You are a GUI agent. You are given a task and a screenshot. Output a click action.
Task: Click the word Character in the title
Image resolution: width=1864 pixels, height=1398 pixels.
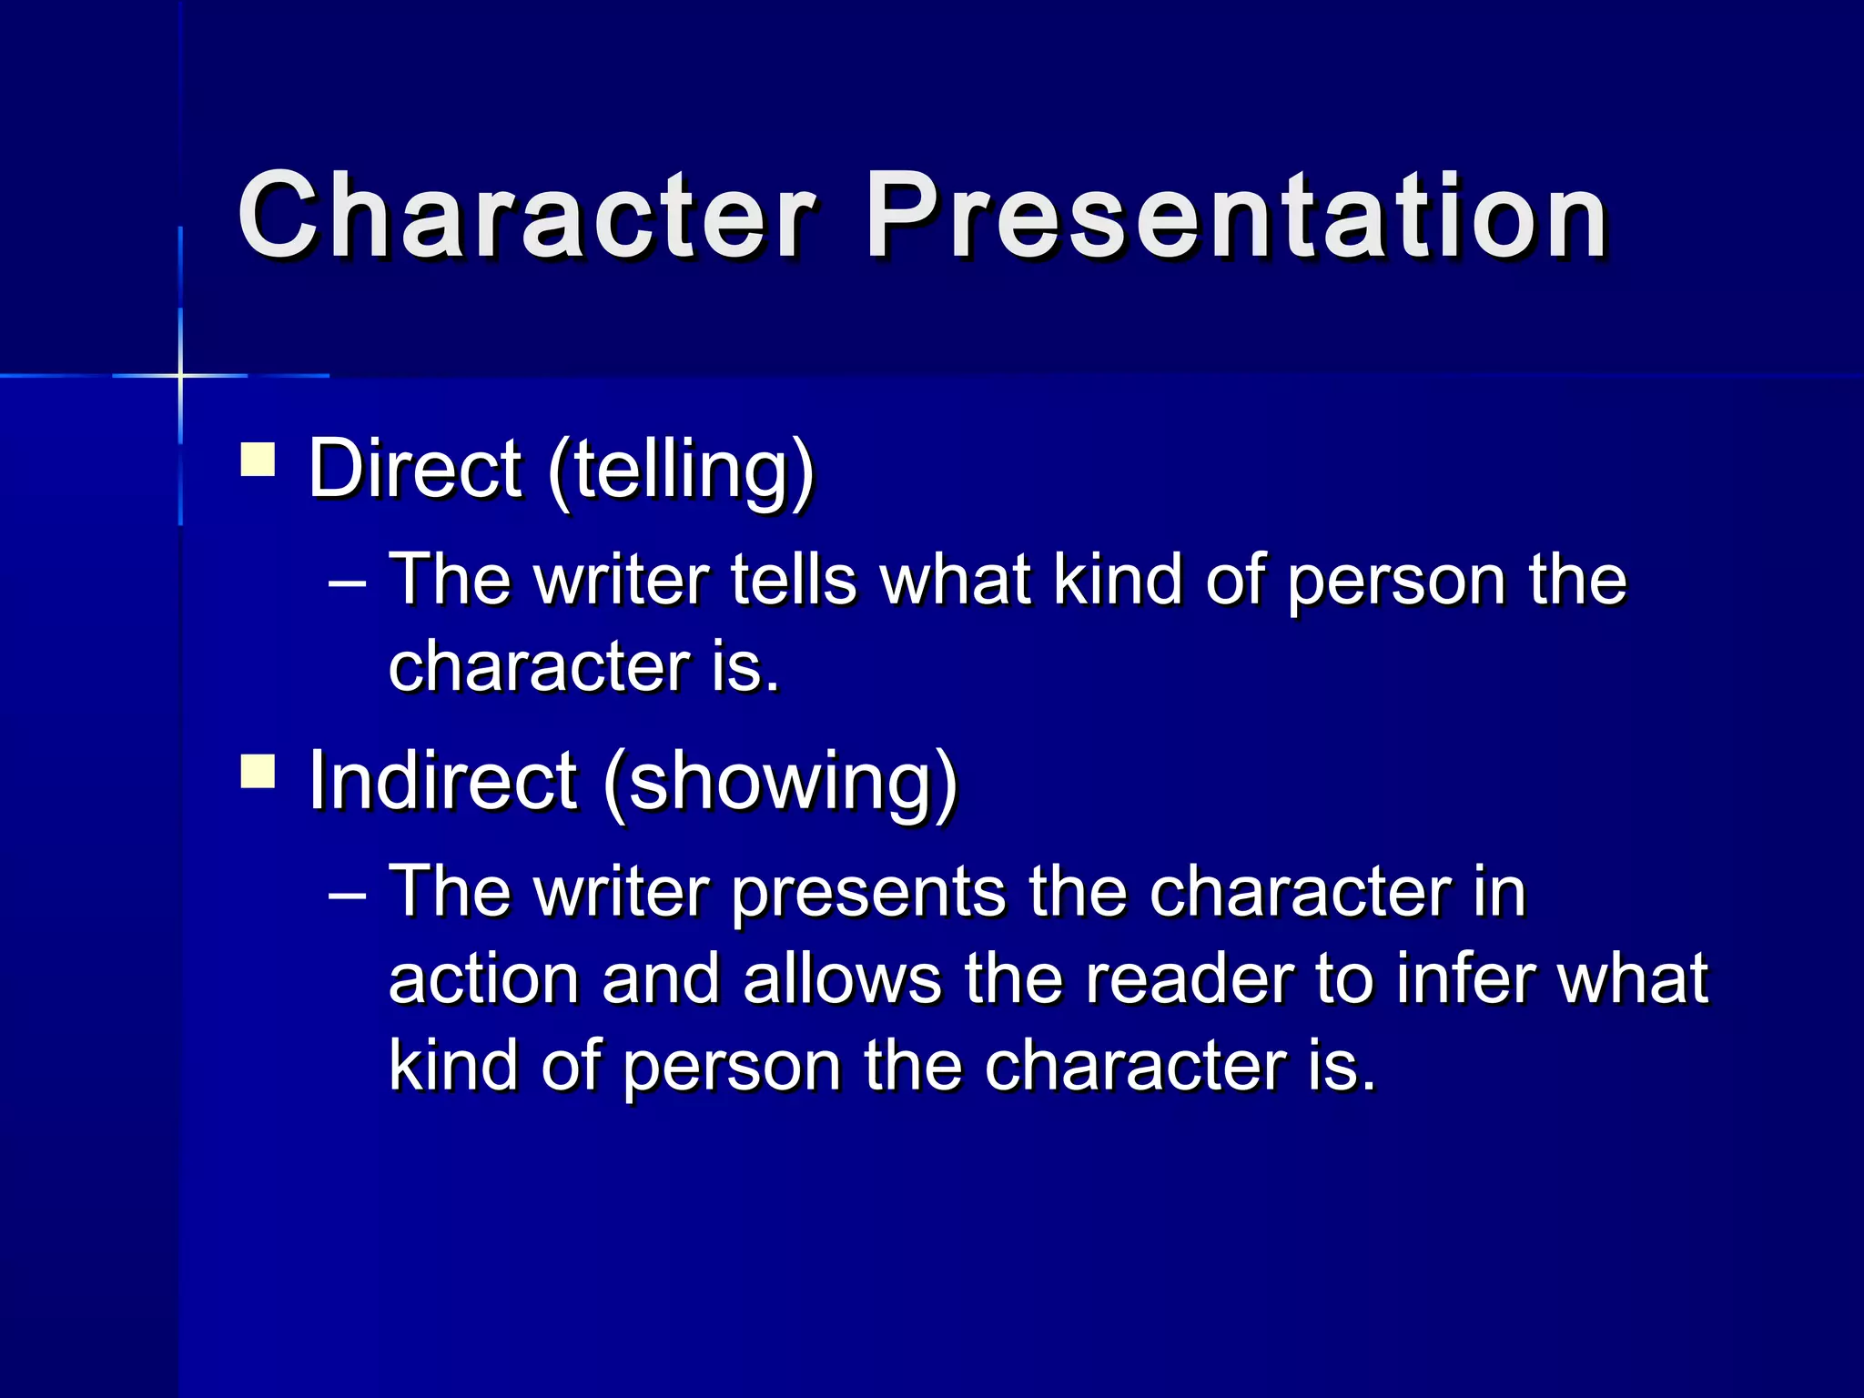click(x=526, y=217)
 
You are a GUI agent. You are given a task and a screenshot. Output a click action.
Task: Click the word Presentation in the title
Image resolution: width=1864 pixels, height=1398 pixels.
click(x=1236, y=217)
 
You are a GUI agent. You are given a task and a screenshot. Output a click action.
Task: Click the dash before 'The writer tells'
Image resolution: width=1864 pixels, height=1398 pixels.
click(x=347, y=582)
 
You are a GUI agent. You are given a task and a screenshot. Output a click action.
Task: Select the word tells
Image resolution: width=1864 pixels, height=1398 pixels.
click(x=794, y=580)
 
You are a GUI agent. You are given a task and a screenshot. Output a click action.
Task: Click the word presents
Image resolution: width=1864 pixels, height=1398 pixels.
click(x=868, y=894)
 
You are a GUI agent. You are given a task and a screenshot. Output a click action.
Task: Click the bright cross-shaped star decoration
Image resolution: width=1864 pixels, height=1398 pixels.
click(x=180, y=375)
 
